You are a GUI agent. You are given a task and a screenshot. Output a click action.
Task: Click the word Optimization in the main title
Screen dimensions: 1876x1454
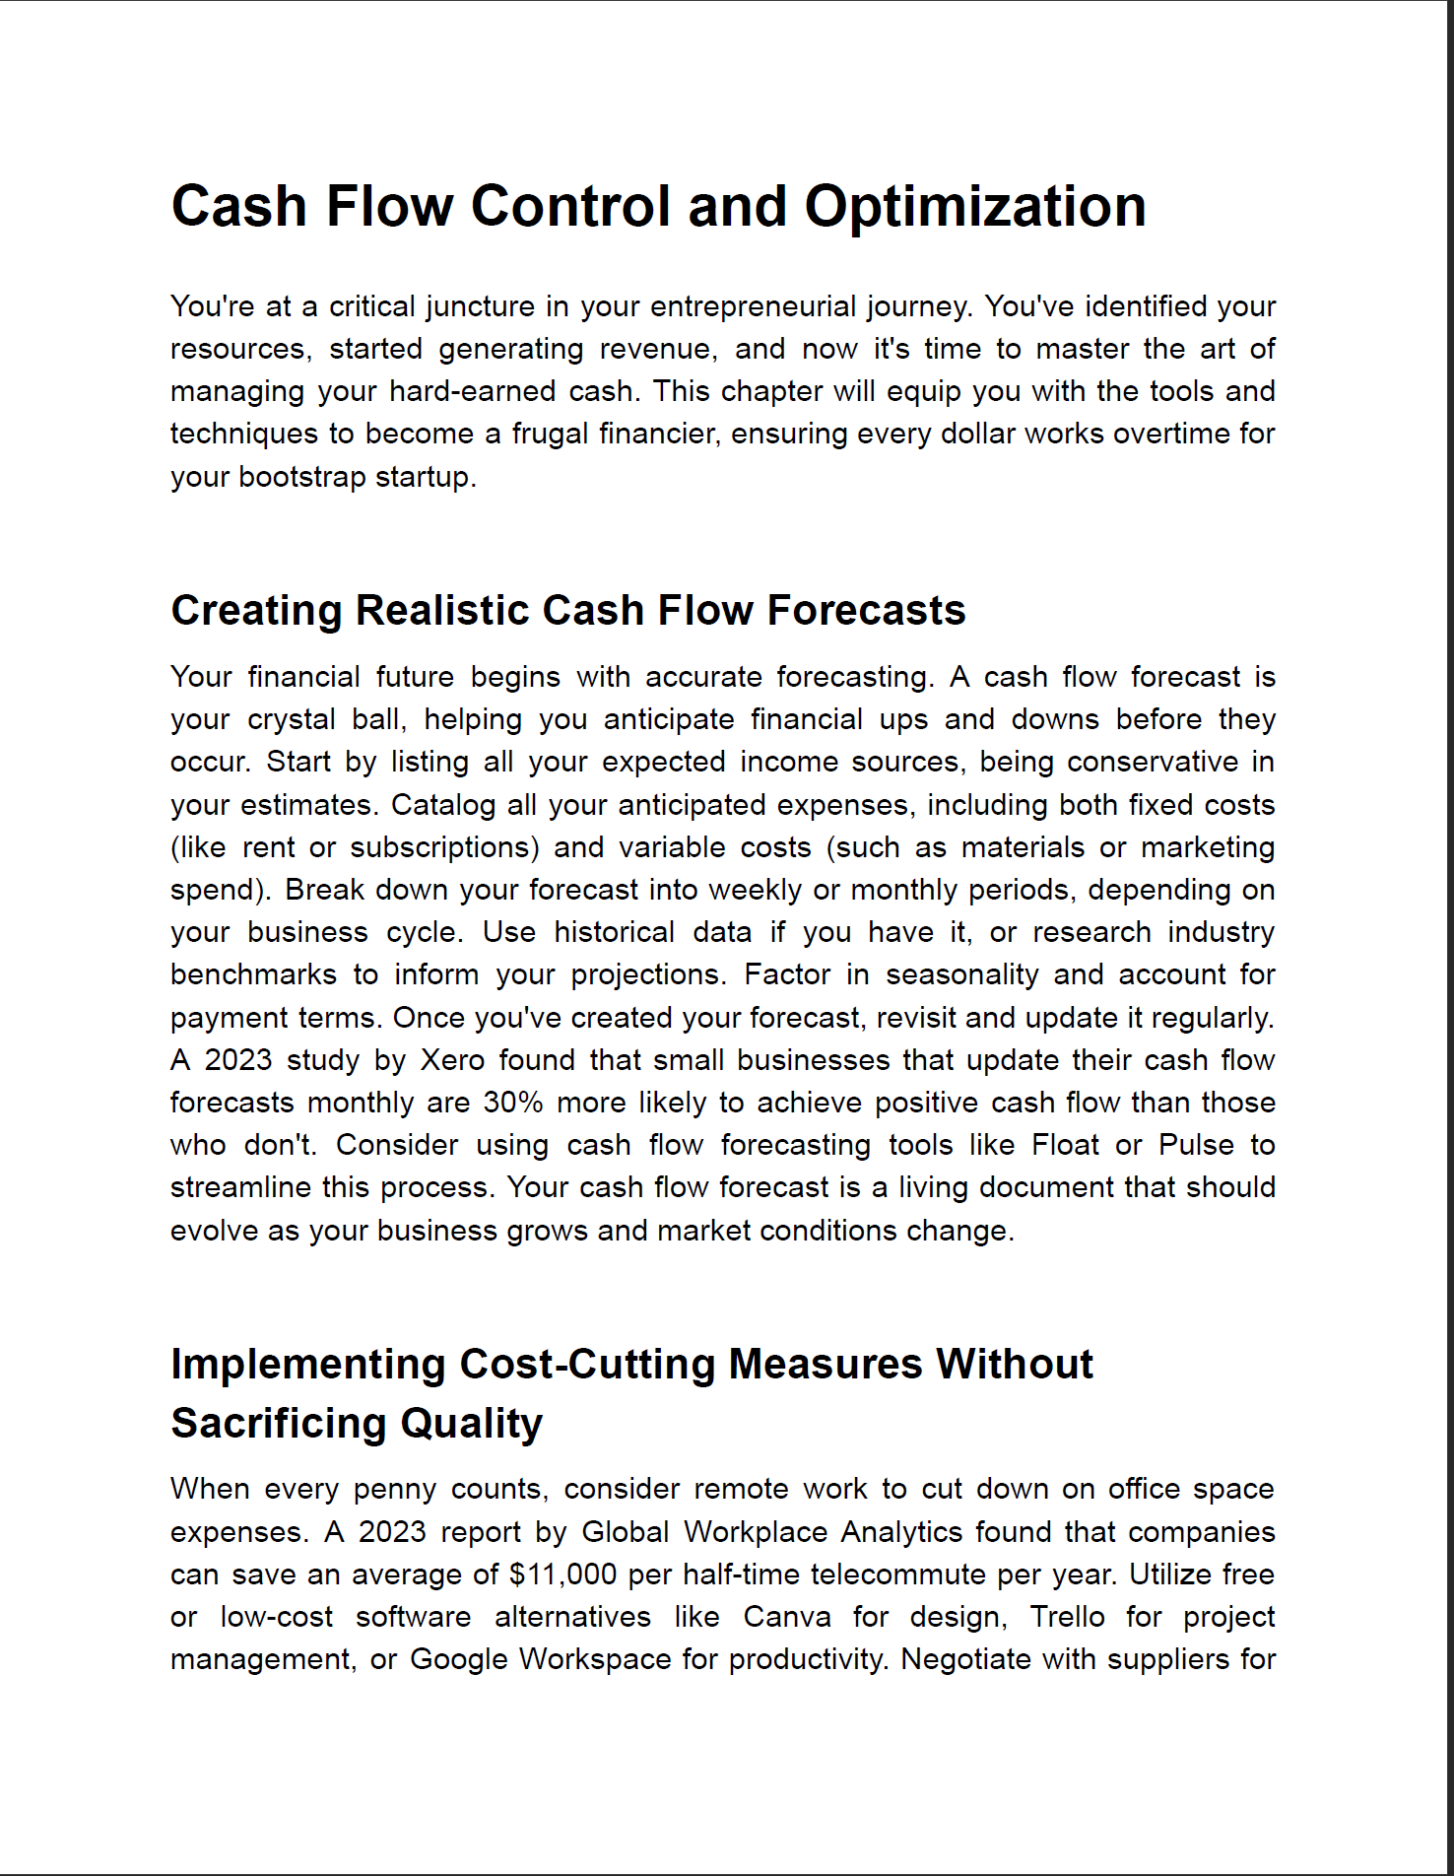pos(974,207)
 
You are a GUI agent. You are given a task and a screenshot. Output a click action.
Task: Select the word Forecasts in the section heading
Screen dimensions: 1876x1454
pos(866,611)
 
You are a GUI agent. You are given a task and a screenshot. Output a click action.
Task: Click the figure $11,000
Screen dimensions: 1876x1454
pos(562,1574)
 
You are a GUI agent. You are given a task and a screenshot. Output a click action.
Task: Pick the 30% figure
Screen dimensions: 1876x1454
pos(512,1103)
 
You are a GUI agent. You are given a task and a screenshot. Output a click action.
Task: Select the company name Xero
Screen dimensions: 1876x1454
pos(452,1060)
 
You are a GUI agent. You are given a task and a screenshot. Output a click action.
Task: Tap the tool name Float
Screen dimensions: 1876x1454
pos(1065,1145)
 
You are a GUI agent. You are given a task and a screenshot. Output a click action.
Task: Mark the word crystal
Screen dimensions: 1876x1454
pos(292,720)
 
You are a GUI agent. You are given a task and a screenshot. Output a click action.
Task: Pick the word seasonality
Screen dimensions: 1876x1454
pos(961,974)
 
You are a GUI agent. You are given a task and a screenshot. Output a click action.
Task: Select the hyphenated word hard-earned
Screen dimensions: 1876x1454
pos(473,391)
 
